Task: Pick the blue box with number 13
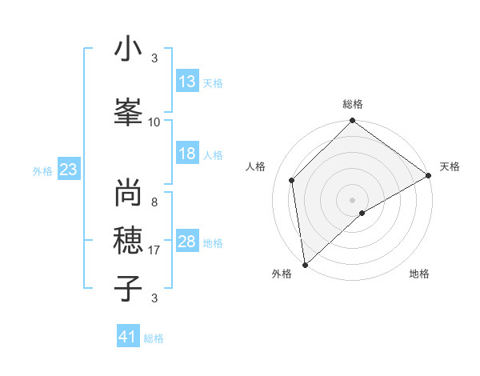tap(187, 82)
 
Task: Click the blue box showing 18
tap(187, 154)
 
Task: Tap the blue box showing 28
tap(187, 242)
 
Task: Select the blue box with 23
tap(68, 170)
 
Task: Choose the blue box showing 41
tap(128, 338)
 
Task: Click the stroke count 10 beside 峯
tap(154, 122)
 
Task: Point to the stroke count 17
tap(154, 250)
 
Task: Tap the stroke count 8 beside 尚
tap(154, 202)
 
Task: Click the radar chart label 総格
tap(353, 104)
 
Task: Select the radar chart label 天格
tap(450, 166)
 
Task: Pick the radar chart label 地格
tap(419, 274)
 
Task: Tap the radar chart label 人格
tap(256, 166)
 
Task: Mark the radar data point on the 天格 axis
tap(429, 176)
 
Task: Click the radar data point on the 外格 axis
tap(305, 264)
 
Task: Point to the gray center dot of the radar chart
tap(352, 199)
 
